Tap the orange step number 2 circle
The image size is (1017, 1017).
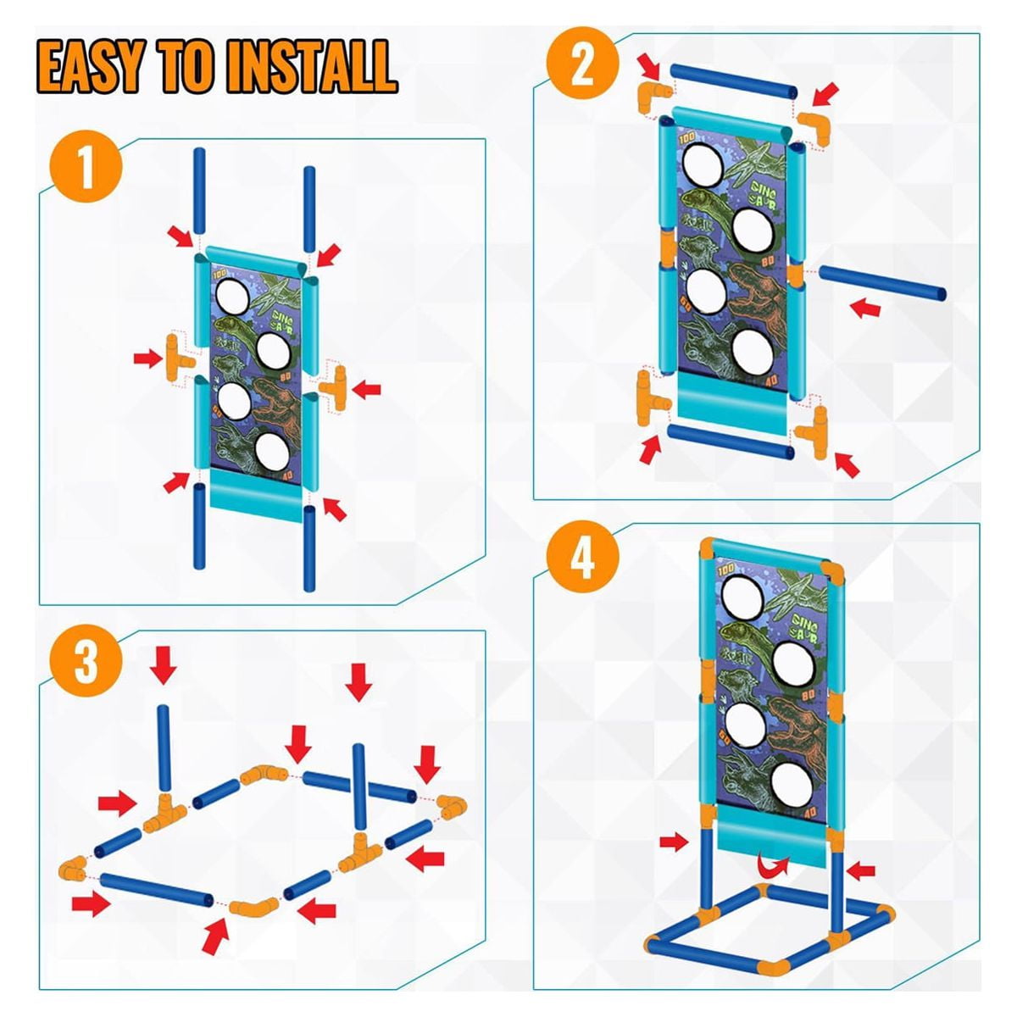(x=581, y=65)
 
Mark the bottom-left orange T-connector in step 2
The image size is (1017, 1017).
(x=653, y=399)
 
